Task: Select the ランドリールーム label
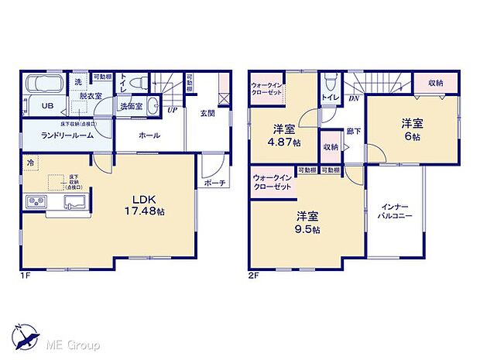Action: point(68,135)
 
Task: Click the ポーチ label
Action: point(215,183)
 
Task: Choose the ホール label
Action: point(149,135)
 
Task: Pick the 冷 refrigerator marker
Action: point(31,163)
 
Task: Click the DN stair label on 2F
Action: point(353,98)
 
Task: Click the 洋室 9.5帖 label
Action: point(307,223)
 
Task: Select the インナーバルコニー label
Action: point(396,212)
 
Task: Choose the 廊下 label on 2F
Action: point(355,132)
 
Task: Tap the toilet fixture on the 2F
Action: point(330,82)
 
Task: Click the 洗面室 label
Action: point(130,106)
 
